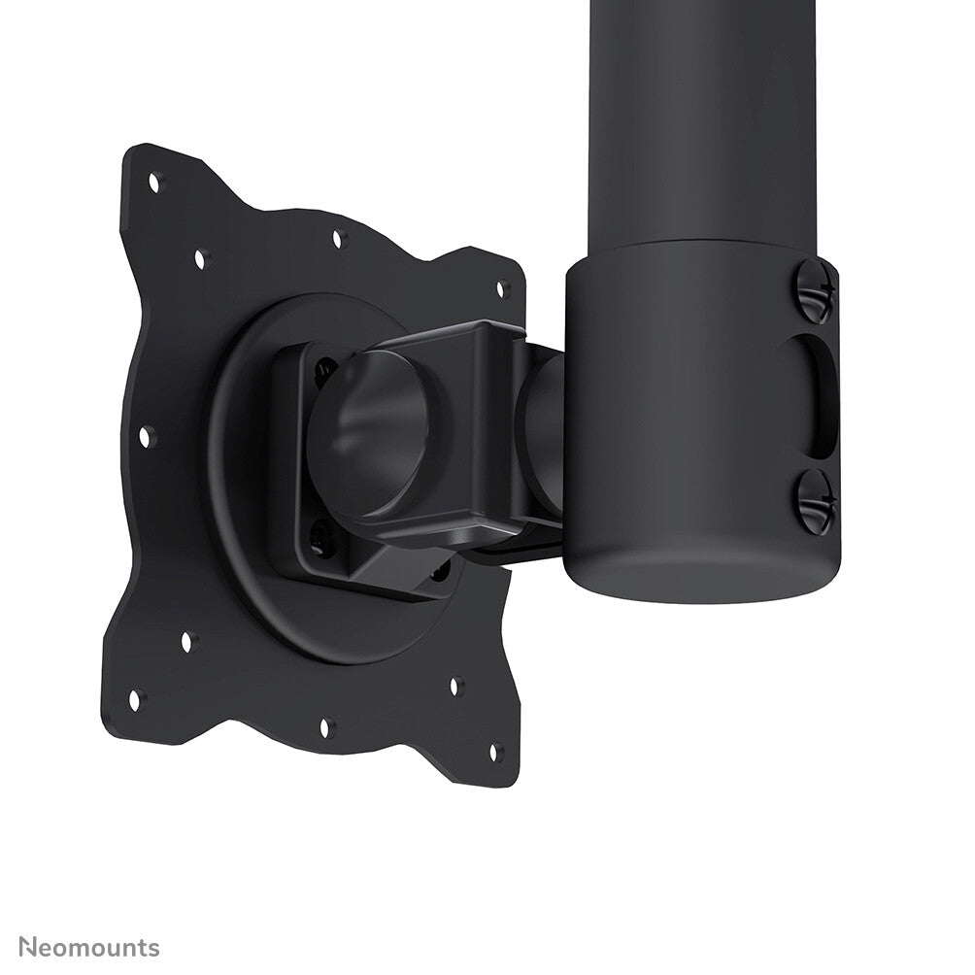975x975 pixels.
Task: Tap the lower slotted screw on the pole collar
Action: click(815, 500)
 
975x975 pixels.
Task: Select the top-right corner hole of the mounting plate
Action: click(503, 287)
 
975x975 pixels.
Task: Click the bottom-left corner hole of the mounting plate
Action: click(134, 698)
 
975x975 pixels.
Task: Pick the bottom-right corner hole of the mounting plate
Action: click(494, 751)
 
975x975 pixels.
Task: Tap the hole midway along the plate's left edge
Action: click(146, 436)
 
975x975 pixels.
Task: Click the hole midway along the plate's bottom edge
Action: click(327, 725)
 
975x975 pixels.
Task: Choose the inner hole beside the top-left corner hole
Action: click(201, 258)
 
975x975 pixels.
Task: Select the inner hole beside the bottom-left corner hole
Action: click(187, 642)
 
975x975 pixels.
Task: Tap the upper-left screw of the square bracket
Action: click(321, 370)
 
